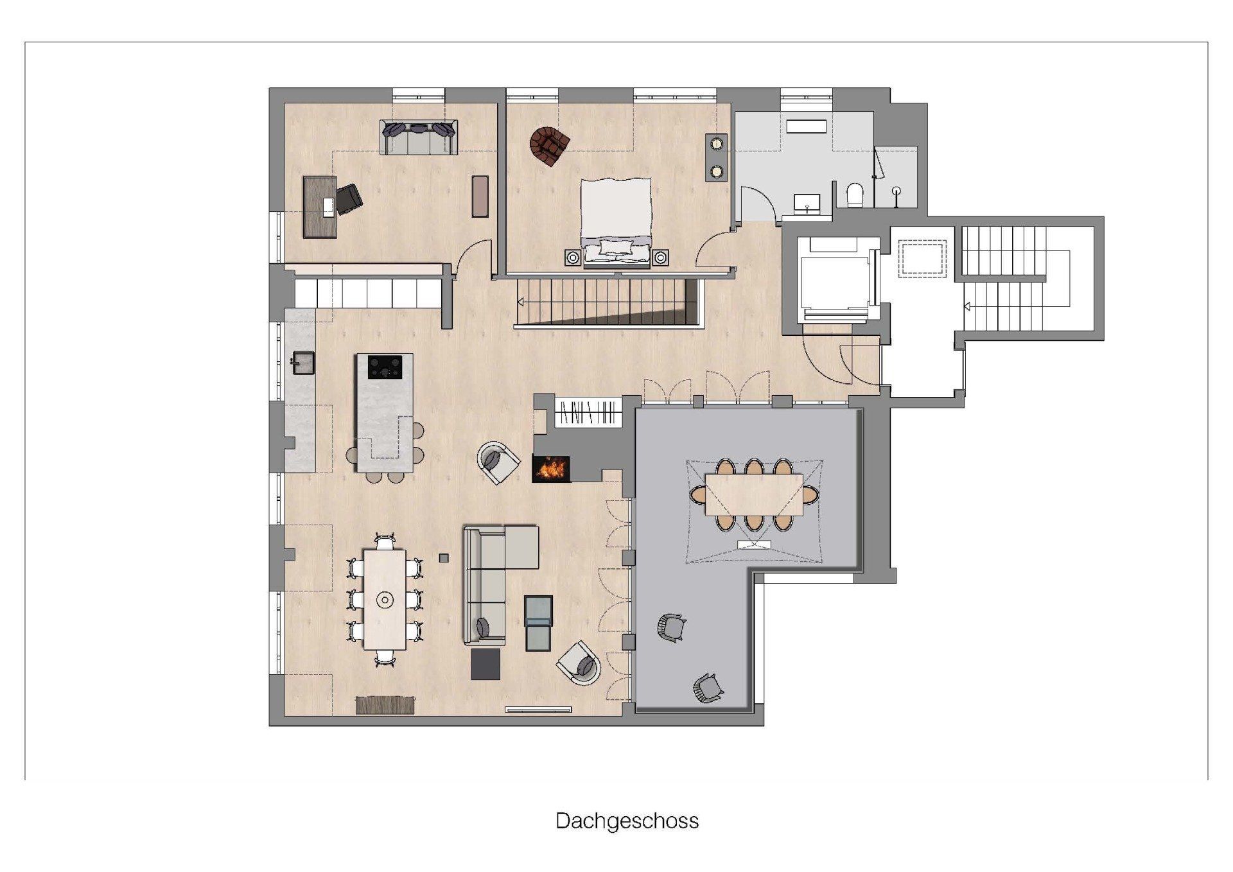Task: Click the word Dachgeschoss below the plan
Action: point(627,821)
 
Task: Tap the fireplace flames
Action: point(551,468)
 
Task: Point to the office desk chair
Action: point(349,198)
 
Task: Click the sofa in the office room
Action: point(419,137)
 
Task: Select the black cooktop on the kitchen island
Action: point(385,367)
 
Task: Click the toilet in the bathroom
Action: point(855,195)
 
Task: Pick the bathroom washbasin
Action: point(807,204)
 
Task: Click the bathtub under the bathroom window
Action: point(806,126)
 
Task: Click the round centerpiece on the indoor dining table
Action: point(385,600)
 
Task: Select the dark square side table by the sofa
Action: point(485,664)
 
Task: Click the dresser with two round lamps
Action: point(716,158)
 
